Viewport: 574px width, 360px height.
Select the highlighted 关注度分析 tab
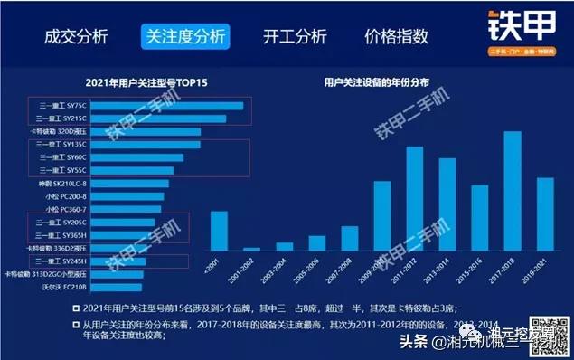184,37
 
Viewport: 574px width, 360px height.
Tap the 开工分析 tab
295,37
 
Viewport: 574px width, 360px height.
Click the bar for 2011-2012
415,198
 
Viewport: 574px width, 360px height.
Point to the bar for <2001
219,231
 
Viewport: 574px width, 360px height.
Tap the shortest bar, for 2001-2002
251,248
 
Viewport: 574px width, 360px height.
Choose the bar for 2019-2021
545,213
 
